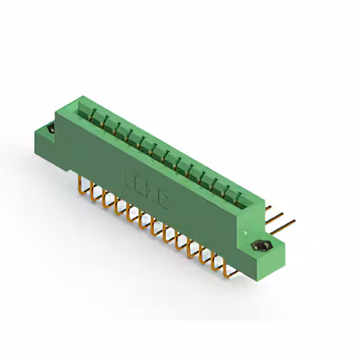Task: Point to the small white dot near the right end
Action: pos(245,232)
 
